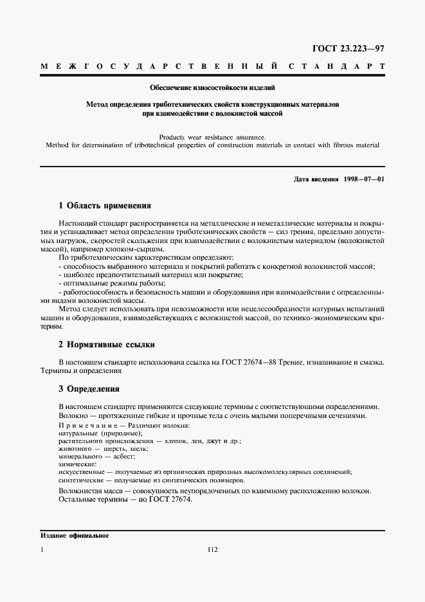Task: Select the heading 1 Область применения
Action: (104, 206)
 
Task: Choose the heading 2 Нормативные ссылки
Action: (107, 345)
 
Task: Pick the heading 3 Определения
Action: (89, 389)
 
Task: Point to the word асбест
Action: (123, 457)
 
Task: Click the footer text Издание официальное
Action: (75, 535)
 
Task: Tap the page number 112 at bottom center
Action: (213, 549)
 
